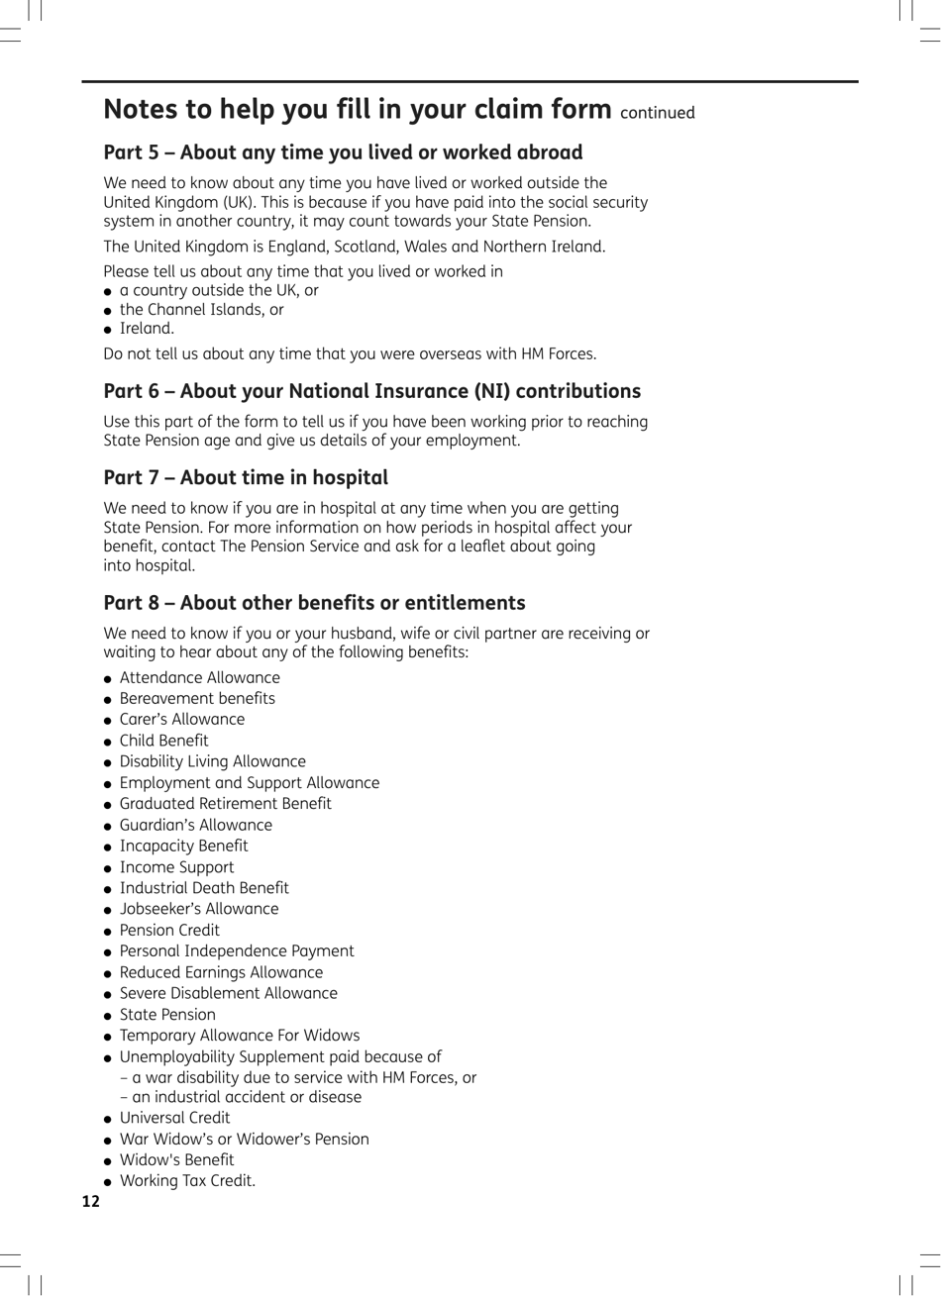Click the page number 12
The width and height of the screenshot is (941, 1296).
tap(91, 1202)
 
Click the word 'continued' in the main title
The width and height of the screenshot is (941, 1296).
tap(658, 113)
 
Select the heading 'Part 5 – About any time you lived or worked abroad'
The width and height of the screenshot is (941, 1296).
tap(343, 152)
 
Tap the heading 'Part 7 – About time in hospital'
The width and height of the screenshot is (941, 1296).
tap(246, 477)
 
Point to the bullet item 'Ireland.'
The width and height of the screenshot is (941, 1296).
tap(147, 329)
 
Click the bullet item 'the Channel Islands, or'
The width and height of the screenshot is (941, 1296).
tap(201, 310)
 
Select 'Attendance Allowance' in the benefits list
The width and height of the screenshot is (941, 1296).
tap(199, 678)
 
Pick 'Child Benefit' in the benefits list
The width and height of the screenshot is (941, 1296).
tap(163, 741)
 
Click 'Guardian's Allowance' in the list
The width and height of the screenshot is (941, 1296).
tap(195, 825)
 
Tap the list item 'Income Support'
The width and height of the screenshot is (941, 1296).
tap(176, 867)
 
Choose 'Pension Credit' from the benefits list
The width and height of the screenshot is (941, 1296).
tap(169, 930)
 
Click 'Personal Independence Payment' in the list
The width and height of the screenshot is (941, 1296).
tap(236, 951)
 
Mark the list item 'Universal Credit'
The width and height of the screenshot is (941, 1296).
tap(174, 1118)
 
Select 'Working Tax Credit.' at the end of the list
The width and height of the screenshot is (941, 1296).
tap(187, 1181)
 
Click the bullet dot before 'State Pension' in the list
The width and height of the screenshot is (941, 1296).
tap(108, 1016)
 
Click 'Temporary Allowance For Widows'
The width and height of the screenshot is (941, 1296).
tap(239, 1036)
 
